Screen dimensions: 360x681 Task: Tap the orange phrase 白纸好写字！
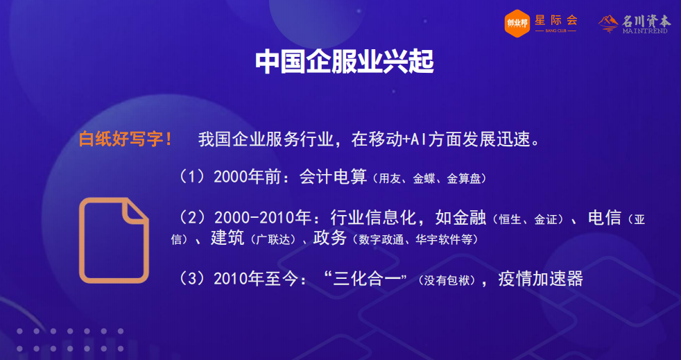tap(126, 139)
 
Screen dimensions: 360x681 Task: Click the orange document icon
tap(114, 240)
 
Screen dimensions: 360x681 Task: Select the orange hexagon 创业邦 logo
tap(517, 23)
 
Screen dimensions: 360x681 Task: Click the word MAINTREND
tap(645, 31)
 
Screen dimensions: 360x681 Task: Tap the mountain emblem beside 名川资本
tap(608, 23)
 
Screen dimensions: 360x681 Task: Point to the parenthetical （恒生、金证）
tap(530, 220)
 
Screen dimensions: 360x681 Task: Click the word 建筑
tap(227, 238)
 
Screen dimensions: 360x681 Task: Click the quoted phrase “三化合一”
tap(366, 279)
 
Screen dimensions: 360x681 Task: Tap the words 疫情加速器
tap(540, 279)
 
